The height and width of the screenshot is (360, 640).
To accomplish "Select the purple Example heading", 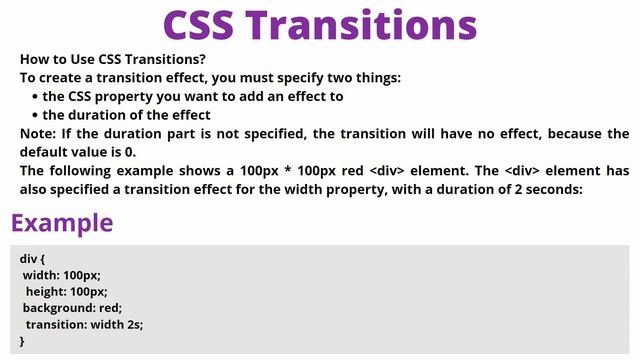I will [62, 222].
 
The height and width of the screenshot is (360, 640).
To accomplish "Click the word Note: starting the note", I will [39, 133].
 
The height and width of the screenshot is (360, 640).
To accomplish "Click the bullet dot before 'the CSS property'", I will [36, 97].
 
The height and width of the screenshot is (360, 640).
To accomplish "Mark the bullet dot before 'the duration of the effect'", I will [36, 115].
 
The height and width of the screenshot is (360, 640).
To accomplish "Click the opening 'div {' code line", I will [33, 258].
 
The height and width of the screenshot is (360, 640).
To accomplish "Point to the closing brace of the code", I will [22, 342].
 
